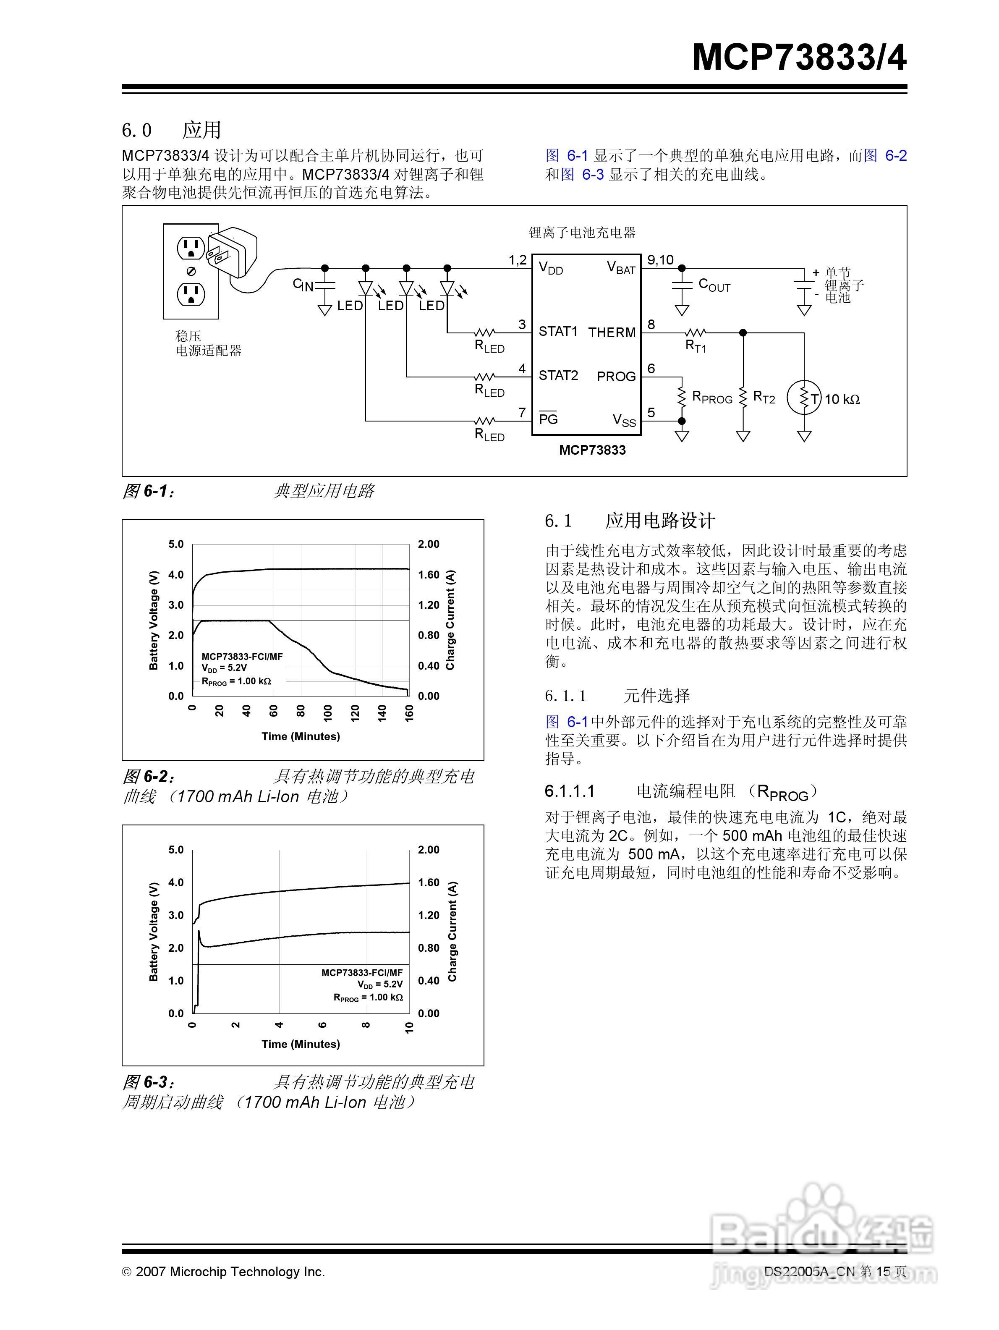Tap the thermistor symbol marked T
804,398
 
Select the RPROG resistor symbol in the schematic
682,397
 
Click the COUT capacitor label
714,285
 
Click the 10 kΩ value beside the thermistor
842,399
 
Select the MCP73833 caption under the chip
592,450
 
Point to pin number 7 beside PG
522,412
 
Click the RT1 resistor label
696,346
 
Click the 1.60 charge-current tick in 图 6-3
429,882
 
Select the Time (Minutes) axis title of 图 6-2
301,736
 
